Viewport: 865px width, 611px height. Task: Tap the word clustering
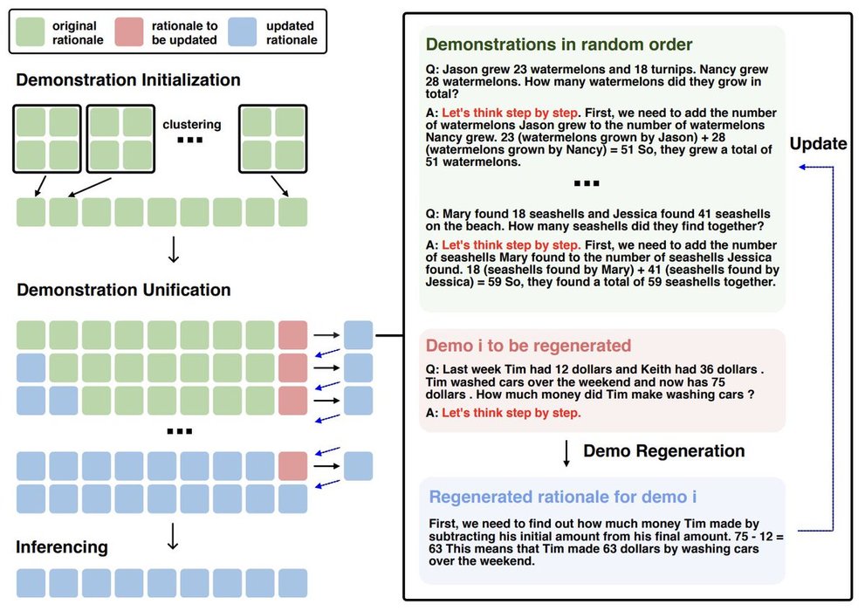[x=192, y=124]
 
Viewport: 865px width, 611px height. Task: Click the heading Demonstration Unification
[x=123, y=290]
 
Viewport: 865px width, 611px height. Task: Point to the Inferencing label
[x=62, y=547]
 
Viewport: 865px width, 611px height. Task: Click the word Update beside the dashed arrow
[x=818, y=144]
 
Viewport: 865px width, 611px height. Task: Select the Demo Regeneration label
[x=663, y=451]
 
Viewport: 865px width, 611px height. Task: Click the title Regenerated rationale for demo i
[x=563, y=497]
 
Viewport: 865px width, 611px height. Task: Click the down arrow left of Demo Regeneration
[x=567, y=452]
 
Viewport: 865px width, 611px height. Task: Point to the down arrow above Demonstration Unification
[x=173, y=250]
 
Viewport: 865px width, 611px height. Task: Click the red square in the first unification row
[x=292, y=335]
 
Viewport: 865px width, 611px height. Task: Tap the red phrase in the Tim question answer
[x=511, y=412]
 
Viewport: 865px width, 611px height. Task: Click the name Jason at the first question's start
[x=462, y=69]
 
